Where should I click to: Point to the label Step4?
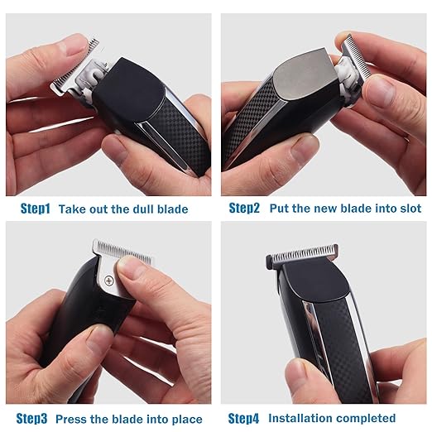(x=244, y=418)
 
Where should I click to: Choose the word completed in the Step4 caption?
(x=367, y=418)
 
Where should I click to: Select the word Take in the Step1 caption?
(x=73, y=209)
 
